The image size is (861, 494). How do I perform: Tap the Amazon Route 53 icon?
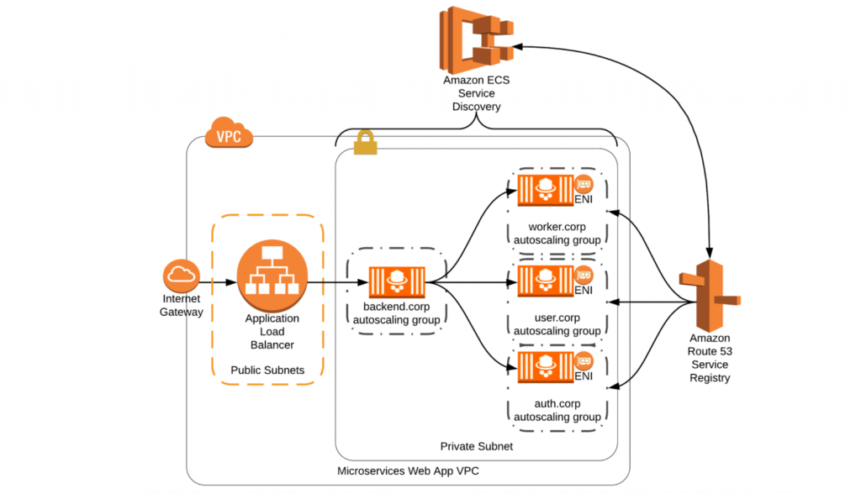(710, 298)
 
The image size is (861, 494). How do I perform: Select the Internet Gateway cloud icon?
(181, 274)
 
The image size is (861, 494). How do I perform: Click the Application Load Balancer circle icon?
(271, 275)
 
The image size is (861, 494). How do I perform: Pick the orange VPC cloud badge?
(229, 133)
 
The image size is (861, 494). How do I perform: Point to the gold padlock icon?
(366, 144)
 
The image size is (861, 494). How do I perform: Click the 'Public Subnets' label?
(267, 370)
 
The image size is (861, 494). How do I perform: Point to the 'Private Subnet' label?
(477, 446)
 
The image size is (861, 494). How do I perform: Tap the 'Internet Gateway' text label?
(182, 306)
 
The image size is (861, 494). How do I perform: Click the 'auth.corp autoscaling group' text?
(557, 410)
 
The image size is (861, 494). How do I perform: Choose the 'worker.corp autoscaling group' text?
(557, 234)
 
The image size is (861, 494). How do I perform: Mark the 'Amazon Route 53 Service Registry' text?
(710, 358)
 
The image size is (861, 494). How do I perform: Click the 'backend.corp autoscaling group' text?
(395, 313)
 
